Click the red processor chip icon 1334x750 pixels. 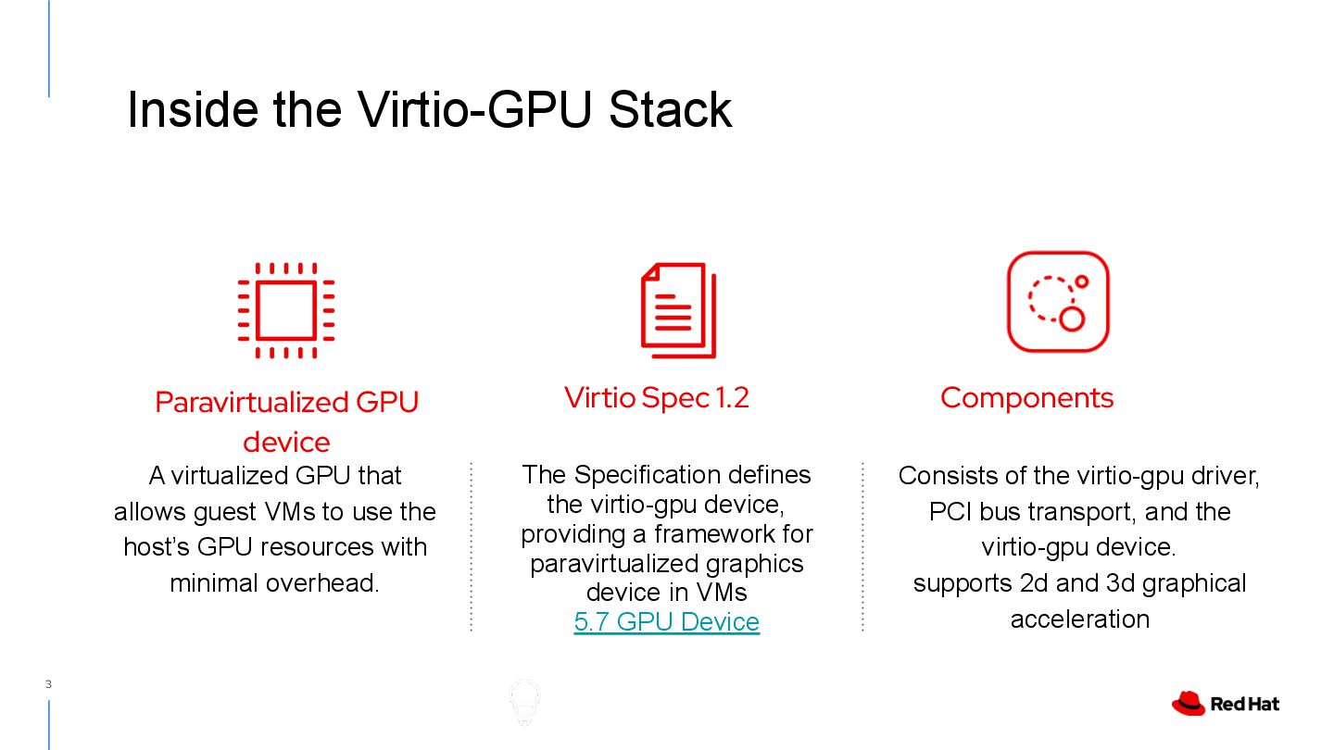click(x=285, y=311)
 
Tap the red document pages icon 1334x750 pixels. click(x=678, y=311)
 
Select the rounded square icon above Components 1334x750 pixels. click(x=1058, y=302)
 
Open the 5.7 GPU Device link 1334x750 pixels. click(x=666, y=621)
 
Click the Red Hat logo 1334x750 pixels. click(x=1225, y=704)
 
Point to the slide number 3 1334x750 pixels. click(x=48, y=685)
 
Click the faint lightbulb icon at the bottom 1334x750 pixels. click(x=524, y=702)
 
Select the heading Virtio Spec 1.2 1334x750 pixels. click(x=656, y=397)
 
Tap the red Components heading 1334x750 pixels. click(x=1026, y=397)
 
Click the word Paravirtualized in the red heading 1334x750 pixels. click(x=251, y=402)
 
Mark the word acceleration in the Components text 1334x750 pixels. click(x=1079, y=619)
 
